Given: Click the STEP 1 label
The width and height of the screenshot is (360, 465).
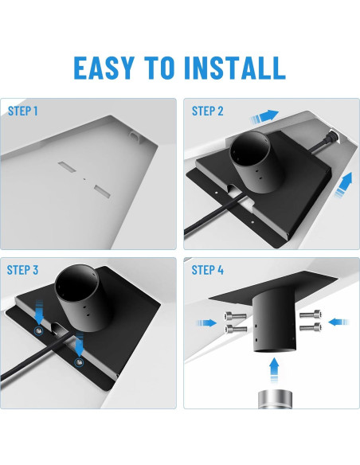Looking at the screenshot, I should [23, 111].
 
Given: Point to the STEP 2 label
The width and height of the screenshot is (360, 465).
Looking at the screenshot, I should [209, 111].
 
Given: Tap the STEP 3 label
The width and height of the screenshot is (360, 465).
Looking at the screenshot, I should [23, 270].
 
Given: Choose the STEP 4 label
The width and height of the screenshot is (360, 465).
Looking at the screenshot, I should [209, 270].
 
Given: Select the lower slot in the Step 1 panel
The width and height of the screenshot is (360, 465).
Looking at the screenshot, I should [102, 190].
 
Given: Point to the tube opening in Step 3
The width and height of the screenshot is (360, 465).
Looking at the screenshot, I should [77, 284].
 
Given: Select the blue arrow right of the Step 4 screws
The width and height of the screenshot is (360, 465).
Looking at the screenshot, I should [337, 322].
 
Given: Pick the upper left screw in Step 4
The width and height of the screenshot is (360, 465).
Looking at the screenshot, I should [234, 315].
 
